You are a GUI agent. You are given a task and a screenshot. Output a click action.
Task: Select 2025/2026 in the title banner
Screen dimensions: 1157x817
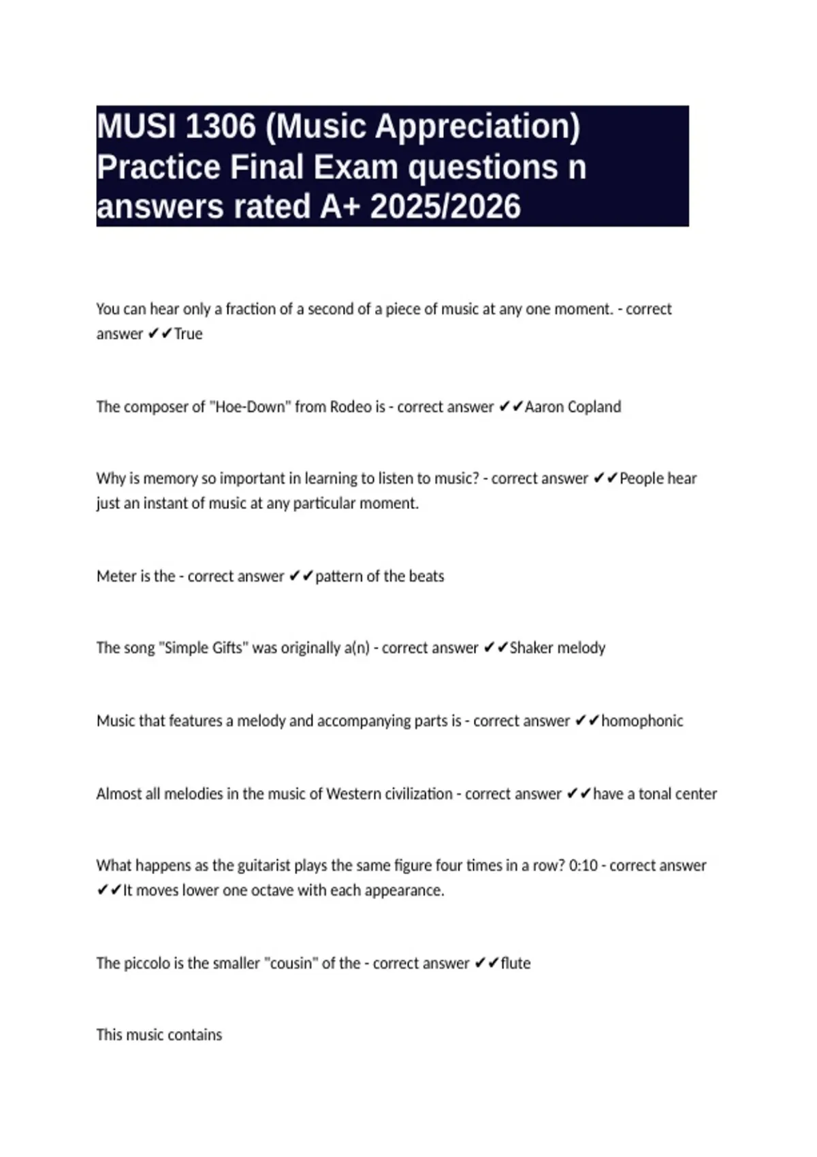click(x=445, y=207)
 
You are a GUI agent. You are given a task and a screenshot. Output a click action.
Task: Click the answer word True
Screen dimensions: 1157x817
click(x=189, y=334)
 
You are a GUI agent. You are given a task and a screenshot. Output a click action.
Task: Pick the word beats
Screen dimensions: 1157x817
click(x=426, y=576)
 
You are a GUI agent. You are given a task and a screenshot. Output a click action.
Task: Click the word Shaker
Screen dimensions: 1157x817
click(x=531, y=648)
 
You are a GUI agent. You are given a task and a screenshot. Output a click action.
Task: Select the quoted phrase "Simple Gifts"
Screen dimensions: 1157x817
click(x=204, y=648)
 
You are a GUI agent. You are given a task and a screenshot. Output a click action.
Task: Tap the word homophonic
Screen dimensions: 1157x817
click(x=642, y=721)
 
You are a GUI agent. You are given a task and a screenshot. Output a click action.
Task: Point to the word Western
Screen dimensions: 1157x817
click(x=354, y=794)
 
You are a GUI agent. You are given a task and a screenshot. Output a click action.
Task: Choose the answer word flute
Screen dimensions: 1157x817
click(x=515, y=964)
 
